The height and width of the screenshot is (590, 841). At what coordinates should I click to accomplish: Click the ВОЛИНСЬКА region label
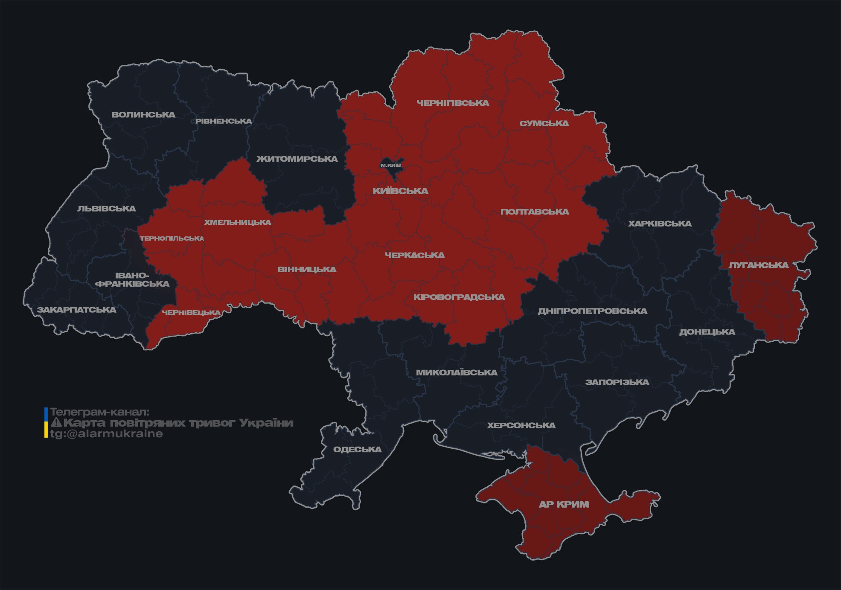point(143,115)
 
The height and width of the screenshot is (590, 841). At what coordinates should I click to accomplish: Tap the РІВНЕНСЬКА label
point(224,121)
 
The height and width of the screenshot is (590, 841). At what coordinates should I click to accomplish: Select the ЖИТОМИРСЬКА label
point(297,159)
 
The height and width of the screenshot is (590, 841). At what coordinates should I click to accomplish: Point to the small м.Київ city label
point(391,165)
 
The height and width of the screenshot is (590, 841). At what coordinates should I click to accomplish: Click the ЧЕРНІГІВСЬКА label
point(453,103)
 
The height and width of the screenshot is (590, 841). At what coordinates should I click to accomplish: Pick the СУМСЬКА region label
point(544,124)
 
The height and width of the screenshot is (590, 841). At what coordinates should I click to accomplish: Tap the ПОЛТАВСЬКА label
point(535,212)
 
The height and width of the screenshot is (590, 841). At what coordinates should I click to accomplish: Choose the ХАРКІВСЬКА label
point(660,224)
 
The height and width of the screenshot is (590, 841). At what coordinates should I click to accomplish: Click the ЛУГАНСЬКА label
point(758,265)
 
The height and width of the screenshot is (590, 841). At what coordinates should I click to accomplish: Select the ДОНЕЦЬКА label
point(707,332)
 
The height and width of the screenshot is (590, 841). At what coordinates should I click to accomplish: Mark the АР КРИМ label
point(564,504)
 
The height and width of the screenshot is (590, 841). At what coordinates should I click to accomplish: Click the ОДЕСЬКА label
point(357,450)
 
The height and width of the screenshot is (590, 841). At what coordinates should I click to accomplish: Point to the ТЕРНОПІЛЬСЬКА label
point(172,238)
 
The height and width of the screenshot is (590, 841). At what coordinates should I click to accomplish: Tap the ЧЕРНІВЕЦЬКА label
point(191,313)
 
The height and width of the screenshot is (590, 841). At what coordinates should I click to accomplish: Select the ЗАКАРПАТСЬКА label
point(76,310)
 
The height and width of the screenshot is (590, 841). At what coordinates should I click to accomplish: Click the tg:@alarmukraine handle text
point(107,434)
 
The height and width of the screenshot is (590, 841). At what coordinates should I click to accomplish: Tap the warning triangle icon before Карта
point(56,423)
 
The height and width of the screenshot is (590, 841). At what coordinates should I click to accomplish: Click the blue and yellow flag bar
point(46,423)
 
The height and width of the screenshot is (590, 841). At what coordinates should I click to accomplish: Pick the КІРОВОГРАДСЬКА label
point(459,297)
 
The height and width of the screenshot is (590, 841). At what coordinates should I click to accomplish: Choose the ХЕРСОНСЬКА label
point(521,426)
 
